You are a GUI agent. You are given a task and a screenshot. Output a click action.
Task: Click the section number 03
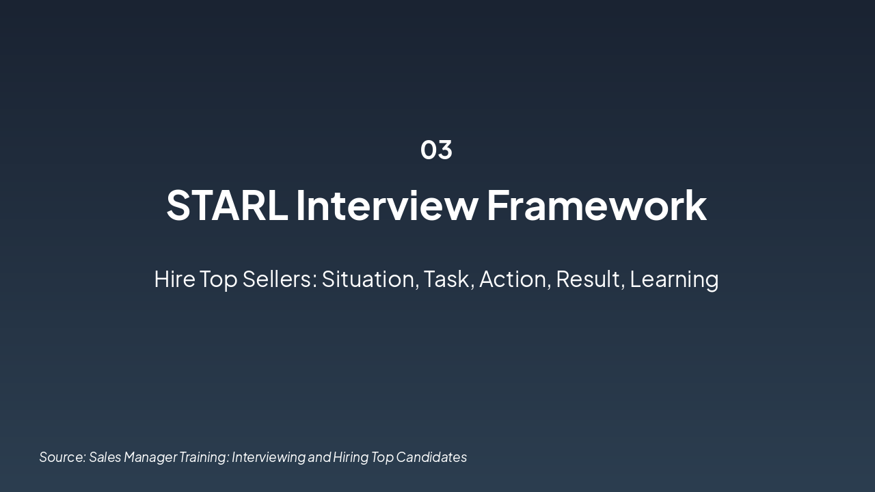436,150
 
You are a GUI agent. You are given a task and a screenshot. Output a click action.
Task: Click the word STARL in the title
227,206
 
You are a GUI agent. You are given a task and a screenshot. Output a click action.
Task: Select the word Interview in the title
387,206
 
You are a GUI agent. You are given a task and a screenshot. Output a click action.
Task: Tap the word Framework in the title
597,206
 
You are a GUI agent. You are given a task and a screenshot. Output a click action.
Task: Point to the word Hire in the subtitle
174,279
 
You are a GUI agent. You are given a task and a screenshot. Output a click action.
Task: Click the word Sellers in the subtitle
278,279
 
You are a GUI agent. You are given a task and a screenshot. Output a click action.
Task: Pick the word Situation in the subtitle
368,279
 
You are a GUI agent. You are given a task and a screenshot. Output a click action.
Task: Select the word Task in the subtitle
446,279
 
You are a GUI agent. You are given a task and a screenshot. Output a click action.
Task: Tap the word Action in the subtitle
513,279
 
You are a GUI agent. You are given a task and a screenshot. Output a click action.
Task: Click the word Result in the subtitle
588,279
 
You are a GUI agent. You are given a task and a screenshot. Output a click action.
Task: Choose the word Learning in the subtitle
674,280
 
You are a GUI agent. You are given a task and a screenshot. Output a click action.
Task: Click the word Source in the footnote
61,457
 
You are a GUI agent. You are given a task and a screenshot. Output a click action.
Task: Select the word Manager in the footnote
151,458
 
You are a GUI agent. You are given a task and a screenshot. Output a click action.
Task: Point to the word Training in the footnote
203,458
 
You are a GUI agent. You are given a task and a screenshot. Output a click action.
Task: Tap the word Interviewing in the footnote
269,458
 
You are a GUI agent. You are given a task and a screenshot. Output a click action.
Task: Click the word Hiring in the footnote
351,458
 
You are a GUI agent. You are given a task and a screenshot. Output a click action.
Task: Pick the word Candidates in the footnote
431,457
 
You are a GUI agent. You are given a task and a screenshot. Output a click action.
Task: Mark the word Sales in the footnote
105,457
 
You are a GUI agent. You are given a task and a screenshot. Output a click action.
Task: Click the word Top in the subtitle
219,280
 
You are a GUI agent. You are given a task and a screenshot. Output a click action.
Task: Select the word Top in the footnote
382,458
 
